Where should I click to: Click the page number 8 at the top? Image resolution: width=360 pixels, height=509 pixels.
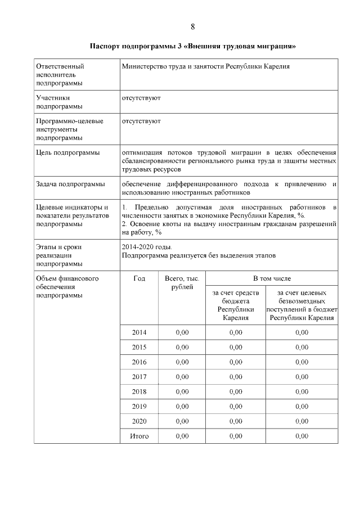point(193,27)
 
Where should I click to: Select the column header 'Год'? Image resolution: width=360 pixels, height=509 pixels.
point(139,278)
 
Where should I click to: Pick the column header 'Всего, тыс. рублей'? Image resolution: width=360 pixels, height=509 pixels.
point(182,283)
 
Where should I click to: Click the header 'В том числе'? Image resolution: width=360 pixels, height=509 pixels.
point(272,278)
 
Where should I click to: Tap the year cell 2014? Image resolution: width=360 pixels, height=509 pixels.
point(139,332)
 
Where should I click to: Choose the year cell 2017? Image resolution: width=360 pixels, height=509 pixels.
point(139,376)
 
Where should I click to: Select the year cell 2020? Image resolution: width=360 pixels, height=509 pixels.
point(139,421)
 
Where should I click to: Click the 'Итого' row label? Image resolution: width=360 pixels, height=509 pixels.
point(139,435)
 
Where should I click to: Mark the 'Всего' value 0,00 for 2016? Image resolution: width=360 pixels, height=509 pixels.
point(182,362)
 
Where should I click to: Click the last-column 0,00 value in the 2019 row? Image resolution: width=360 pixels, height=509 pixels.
point(301,406)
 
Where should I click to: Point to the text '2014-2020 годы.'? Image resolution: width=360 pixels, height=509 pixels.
point(147,247)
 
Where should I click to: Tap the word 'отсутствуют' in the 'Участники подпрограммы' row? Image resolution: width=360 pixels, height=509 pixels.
point(141,98)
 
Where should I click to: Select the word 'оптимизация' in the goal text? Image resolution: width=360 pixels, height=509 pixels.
point(141,152)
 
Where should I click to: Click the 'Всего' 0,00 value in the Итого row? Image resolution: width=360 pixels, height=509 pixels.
point(182,435)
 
